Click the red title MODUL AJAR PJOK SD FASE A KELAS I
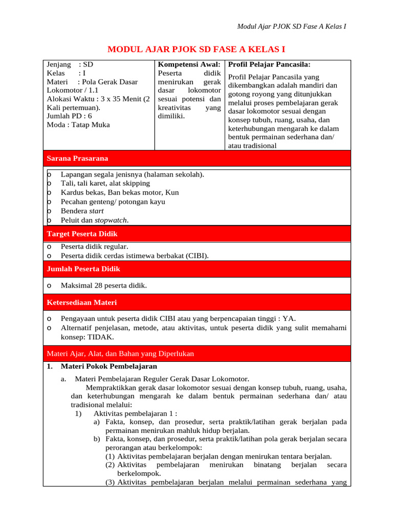[x=196, y=49]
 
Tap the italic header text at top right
[x=292, y=26]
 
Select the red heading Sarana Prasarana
[x=77, y=158]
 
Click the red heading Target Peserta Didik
[x=82, y=233]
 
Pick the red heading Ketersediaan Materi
[x=82, y=302]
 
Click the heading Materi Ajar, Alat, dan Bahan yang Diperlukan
[x=120, y=354]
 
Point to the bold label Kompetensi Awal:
[x=189, y=64]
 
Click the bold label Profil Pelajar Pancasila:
[x=269, y=64]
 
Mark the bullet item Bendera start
[x=82, y=211]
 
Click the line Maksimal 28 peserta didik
[x=103, y=286]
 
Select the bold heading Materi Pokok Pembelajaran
[x=108, y=366]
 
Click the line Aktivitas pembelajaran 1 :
[x=135, y=413]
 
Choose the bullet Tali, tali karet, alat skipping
[x=105, y=183]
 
